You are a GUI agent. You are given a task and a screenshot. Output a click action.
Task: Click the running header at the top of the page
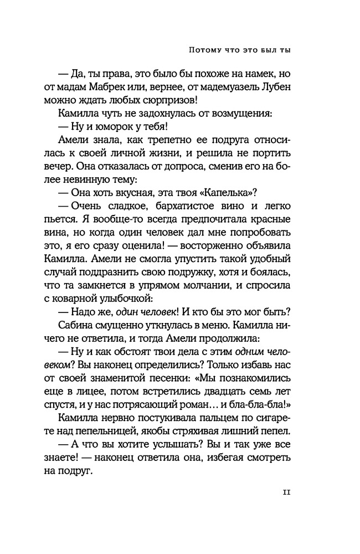[x=240, y=49]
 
